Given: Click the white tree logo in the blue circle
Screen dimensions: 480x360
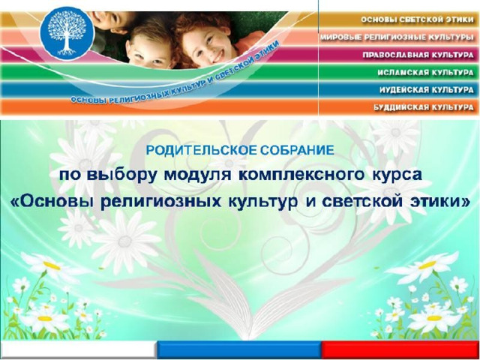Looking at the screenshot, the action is (67, 33).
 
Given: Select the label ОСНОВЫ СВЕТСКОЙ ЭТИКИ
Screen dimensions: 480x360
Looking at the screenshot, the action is (417, 20).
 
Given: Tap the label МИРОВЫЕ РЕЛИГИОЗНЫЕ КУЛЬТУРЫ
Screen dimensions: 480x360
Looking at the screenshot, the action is (397, 37).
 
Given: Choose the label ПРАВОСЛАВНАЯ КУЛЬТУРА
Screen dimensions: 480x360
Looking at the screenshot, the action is (418, 55).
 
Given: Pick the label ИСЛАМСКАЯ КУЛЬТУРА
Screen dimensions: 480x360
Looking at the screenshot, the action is (425, 73).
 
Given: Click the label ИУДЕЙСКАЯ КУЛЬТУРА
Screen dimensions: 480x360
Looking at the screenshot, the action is (427, 90).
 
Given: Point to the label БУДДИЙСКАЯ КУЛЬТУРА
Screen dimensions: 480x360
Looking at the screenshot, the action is (424, 107).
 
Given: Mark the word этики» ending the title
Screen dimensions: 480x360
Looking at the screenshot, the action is (439, 202).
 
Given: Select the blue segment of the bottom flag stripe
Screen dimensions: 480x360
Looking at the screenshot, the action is (239, 349).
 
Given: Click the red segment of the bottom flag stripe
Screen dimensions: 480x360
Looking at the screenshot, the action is (400, 349).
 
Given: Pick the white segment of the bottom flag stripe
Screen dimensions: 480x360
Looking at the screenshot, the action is (77, 349).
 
